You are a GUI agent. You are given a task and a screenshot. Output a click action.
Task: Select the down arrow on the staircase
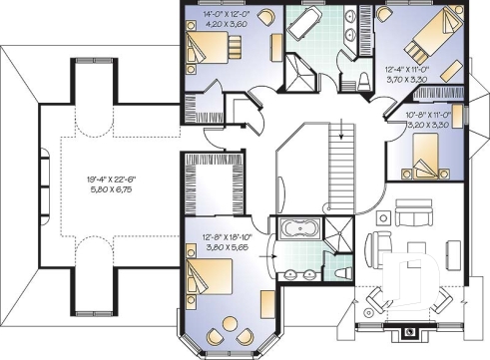tap(341, 130)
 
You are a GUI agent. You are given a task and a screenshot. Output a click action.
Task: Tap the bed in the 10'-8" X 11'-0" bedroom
tap(430, 155)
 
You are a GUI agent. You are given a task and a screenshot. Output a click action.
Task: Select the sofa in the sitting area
tap(412, 215)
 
